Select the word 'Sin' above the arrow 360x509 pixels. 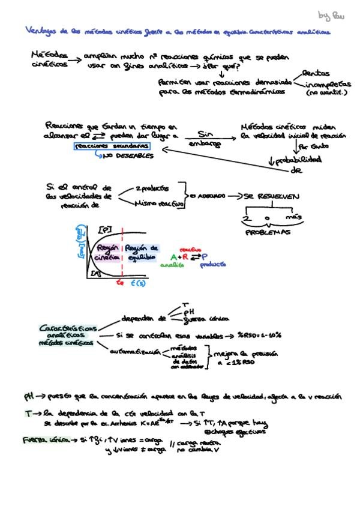(205, 134)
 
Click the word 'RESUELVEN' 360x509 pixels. (277, 196)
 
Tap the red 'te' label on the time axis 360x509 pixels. (119, 283)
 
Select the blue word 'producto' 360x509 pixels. (213, 264)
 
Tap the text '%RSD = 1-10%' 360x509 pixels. (259, 334)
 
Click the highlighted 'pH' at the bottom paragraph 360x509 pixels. (28, 397)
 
